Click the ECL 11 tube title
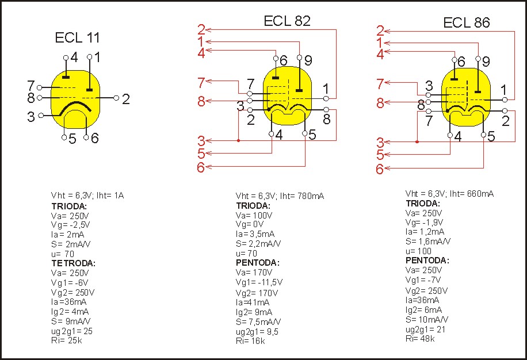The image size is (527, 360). click(x=77, y=39)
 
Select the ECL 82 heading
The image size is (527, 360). click(x=287, y=21)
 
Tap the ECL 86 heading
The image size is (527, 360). click(x=466, y=23)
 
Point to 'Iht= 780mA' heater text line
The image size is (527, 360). click(x=301, y=197)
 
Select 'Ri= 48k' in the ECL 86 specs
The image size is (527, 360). click(x=420, y=339)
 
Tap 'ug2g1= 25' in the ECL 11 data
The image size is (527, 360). click(x=72, y=332)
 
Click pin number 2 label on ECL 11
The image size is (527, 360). click(x=125, y=99)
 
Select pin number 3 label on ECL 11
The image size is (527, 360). click(x=30, y=117)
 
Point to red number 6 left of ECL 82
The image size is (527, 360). click(x=201, y=167)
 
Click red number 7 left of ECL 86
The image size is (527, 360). click(x=380, y=84)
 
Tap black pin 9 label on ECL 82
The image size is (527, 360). click(x=308, y=60)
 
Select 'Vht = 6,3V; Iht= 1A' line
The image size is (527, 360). click(x=87, y=196)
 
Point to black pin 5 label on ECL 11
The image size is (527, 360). click(x=72, y=139)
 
